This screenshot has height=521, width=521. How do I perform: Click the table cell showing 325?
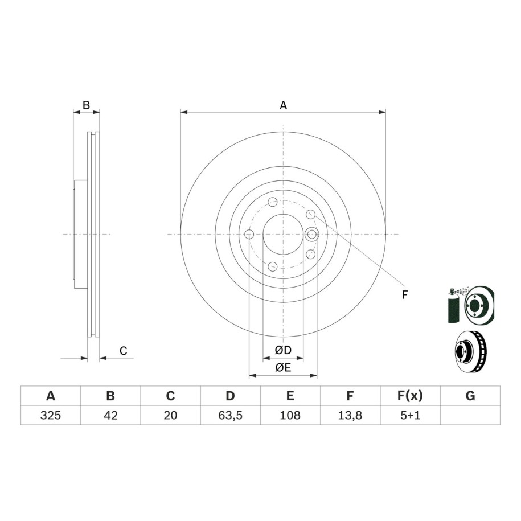[x=51, y=415]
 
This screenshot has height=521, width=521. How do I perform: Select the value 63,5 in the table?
[x=230, y=415]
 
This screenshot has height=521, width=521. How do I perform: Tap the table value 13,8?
[x=350, y=415]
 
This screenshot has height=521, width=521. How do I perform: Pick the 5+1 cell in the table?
[x=410, y=415]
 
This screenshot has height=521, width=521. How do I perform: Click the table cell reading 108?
[x=290, y=415]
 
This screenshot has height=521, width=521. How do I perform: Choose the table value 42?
[x=110, y=415]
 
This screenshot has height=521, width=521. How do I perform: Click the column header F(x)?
[x=410, y=396]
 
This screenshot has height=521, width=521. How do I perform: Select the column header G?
[x=470, y=396]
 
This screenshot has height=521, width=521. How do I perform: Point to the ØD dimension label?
[x=283, y=350]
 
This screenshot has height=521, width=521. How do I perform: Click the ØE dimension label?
[x=283, y=367]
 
